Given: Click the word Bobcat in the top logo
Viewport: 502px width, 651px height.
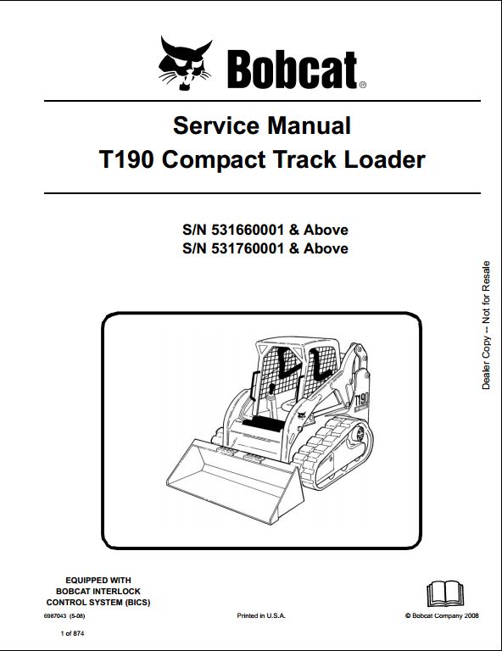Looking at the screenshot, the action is tap(292, 70).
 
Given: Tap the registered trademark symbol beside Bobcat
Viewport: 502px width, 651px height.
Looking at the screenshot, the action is tap(362, 85).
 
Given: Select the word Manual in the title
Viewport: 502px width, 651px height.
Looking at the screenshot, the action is tap(310, 125).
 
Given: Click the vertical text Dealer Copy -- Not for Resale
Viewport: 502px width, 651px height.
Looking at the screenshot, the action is tap(486, 325).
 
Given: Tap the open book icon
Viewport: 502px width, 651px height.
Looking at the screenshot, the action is tap(444, 594).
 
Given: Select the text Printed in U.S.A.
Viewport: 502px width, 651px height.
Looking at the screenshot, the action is tap(261, 615).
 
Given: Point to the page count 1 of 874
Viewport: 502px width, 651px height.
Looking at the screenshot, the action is tap(72, 633).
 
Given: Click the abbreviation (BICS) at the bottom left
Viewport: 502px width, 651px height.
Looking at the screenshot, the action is tap(137, 602).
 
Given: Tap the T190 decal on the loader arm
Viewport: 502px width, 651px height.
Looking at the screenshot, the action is tap(361, 400).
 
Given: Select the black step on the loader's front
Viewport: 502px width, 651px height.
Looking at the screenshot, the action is tap(262, 425).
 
